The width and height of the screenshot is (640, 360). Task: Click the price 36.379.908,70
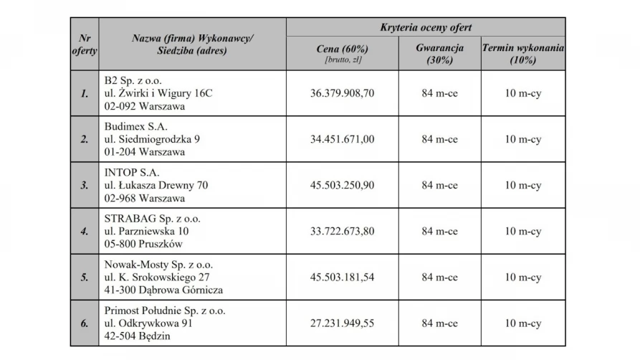click(342, 93)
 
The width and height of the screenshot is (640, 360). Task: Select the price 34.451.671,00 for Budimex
click(342, 139)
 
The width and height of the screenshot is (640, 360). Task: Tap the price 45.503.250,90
click(342, 185)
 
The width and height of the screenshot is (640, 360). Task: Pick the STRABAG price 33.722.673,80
click(342, 231)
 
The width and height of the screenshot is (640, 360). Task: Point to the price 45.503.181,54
click(342, 277)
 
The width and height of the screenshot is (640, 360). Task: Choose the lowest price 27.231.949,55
click(342, 323)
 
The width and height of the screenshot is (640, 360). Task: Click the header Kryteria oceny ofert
click(425, 28)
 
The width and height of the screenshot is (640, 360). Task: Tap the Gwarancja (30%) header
click(439, 54)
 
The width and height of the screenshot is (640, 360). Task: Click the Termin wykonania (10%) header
click(522, 54)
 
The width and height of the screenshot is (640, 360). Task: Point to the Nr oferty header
click(85, 44)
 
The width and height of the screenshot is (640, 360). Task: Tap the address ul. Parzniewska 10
click(146, 231)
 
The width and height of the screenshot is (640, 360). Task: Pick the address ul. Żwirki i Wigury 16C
click(158, 93)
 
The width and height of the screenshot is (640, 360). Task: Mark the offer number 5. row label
click(85, 277)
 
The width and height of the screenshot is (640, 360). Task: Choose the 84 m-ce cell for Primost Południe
click(439, 323)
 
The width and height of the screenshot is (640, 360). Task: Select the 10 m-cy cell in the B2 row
click(522, 93)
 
